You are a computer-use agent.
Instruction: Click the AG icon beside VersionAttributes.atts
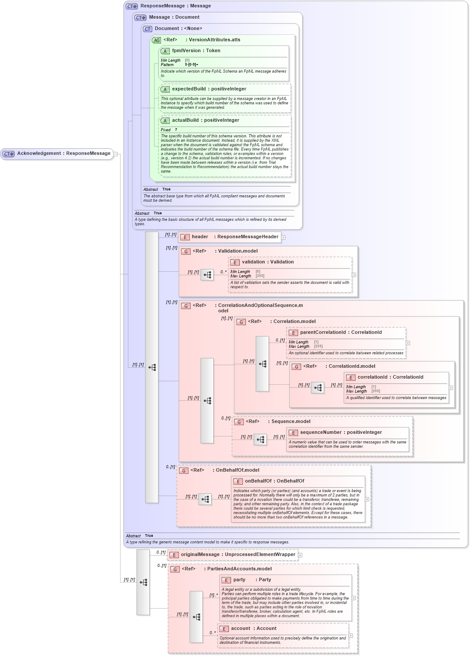point(156,40)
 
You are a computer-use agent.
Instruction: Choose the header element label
point(200,237)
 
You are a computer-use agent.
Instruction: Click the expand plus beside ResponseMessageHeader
point(283,237)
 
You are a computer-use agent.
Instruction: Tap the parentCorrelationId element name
point(323,333)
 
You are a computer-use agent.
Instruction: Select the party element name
point(239,580)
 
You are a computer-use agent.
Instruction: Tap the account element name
point(241,629)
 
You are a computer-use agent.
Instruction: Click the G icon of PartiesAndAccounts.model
point(175,569)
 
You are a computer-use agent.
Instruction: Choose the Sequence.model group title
point(291,422)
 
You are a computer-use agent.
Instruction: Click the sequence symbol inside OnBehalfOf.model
point(205,499)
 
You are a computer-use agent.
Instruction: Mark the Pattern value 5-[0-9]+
point(191,65)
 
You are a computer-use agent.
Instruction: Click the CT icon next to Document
point(148,29)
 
